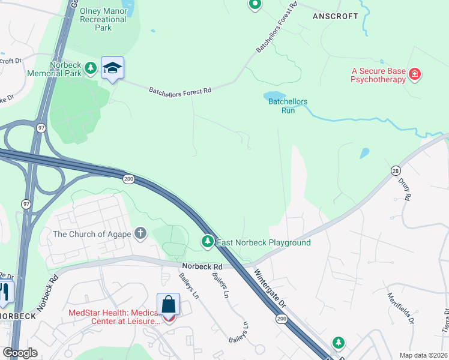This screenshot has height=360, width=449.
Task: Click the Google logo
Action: click(20, 353)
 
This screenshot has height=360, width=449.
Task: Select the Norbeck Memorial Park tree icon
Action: click(91, 68)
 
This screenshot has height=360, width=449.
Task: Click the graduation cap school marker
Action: click(112, 68)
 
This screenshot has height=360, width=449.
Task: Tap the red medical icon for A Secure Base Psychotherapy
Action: click(414, 74)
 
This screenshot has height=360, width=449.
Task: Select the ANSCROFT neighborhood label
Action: click(336, 16)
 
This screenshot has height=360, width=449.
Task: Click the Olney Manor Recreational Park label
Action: click(104, 20)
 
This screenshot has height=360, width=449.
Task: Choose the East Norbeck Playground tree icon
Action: click(208, 241)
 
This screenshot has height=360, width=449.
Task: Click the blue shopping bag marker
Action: click(169, 304)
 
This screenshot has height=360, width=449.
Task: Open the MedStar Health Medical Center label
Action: click(115, 316)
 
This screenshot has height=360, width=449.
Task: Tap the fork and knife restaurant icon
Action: click(5, 292)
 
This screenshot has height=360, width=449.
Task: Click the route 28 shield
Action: click(395, 170)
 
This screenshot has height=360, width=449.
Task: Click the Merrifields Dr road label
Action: click(401, 308)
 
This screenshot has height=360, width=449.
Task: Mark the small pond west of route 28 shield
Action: click(364, 153)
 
